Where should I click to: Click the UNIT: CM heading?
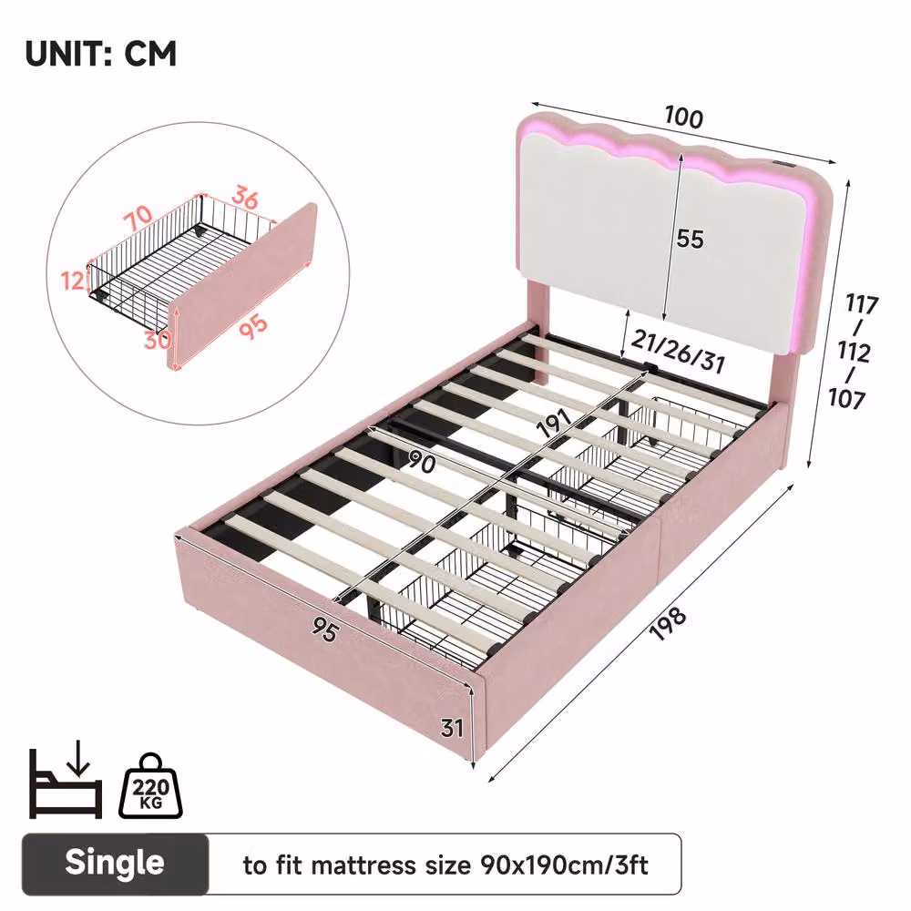100,54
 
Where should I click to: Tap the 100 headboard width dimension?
684,117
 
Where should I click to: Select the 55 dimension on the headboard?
690,239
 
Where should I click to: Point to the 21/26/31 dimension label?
678,352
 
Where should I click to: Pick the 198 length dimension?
668,623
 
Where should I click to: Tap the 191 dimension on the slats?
553,423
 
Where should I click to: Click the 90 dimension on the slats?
422,463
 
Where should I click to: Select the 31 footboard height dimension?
452,727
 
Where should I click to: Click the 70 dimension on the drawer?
139,218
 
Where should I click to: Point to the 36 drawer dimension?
244,198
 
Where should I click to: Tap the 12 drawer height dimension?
74,281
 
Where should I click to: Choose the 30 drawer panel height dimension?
158,340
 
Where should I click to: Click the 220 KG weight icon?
150,786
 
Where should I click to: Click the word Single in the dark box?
115,862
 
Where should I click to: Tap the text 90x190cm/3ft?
564,865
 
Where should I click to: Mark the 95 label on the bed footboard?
324,630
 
